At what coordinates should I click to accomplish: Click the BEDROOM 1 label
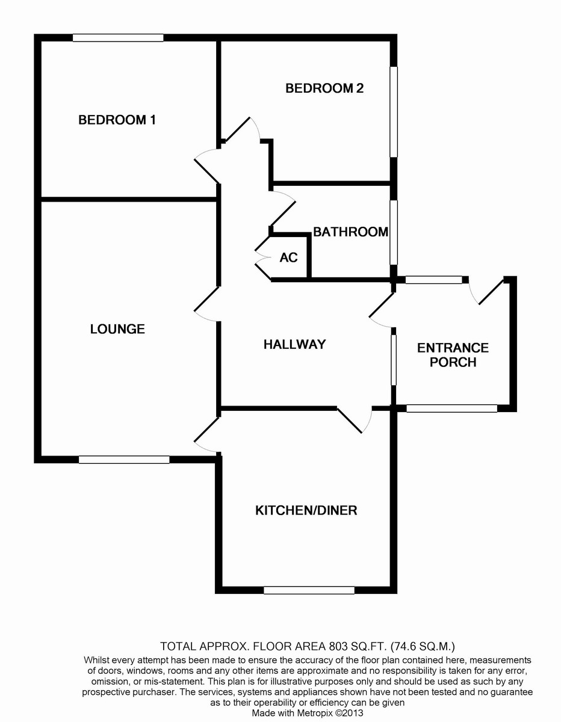117,120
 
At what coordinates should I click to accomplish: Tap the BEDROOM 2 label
324,88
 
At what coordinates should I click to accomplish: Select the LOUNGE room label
117,329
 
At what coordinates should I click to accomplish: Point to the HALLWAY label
294,344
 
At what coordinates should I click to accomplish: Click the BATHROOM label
350,232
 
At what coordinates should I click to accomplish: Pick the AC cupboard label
288,258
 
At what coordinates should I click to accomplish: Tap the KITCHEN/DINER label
306,510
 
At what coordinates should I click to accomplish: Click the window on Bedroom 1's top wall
118,37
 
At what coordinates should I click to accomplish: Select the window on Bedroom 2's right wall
394,111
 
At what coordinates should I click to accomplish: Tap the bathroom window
394,232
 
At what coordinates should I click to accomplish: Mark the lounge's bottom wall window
124,460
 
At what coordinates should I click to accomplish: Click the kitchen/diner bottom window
309,590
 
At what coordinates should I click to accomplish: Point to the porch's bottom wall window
451,409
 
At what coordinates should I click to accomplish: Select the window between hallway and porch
394,360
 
